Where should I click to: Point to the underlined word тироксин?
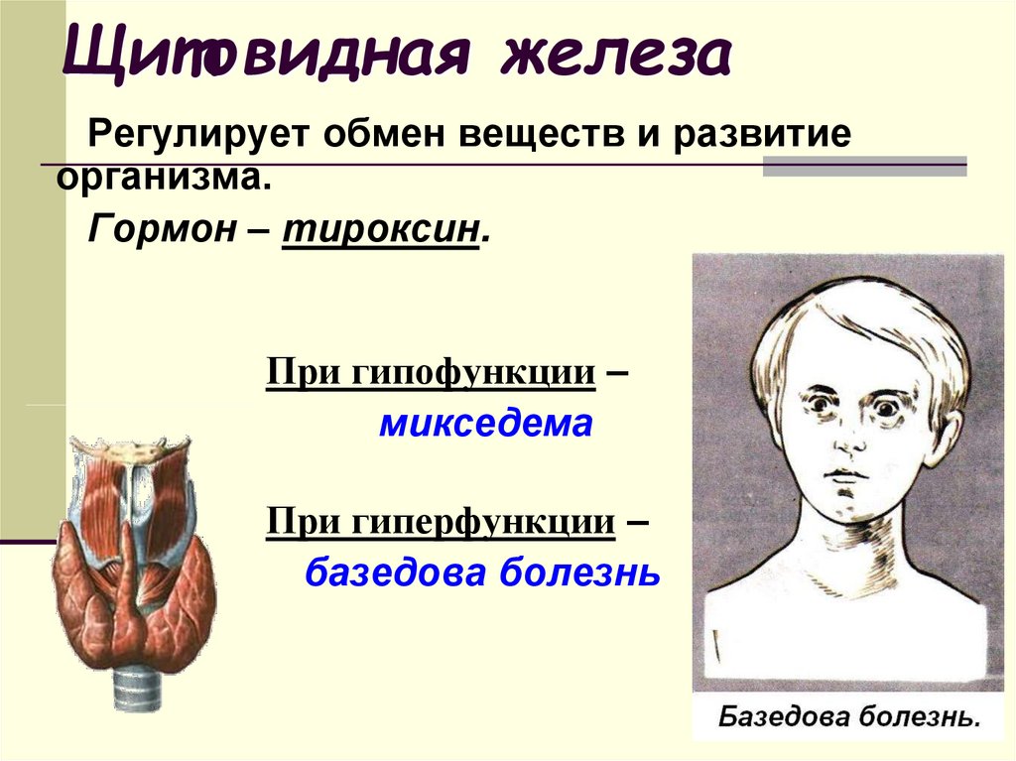coord(381,230)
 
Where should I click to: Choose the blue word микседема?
coord(484,425)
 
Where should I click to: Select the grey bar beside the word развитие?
coord(863,165)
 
